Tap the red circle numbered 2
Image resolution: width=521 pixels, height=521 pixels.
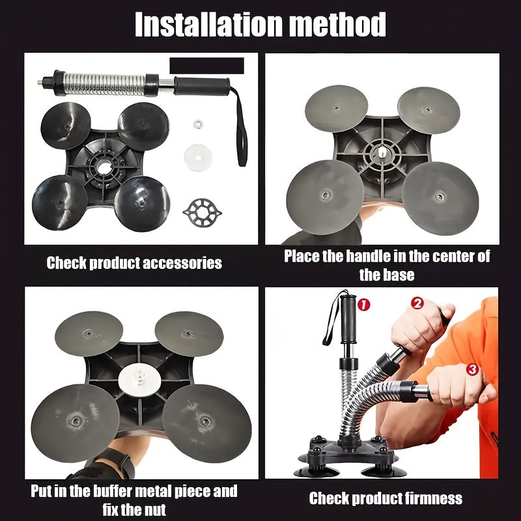point(417,303)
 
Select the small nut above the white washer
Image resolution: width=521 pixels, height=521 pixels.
point(197,122)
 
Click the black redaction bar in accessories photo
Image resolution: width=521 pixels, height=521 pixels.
point(206,66)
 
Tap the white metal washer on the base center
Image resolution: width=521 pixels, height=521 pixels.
point(139,376)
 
